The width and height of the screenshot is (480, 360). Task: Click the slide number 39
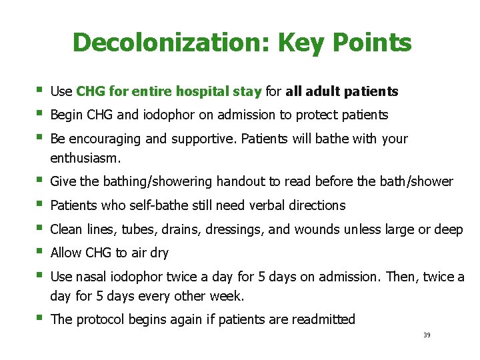427,335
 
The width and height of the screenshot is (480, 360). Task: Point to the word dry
159,253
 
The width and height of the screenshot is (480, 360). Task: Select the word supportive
202,139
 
